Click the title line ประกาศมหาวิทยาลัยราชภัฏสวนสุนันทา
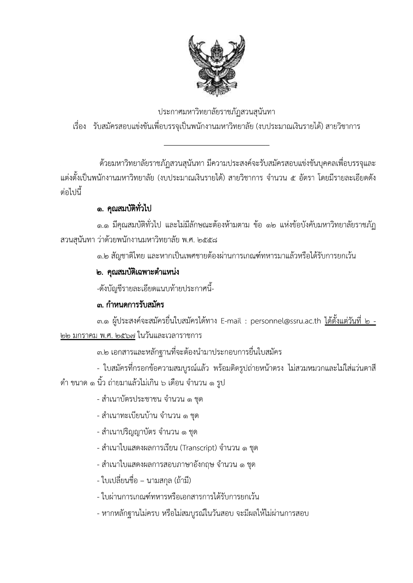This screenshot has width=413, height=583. point(217,112)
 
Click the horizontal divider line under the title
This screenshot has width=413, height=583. point(217,145)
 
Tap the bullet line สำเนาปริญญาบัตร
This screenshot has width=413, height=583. point(147,432)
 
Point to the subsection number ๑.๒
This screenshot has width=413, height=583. point(103,256)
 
